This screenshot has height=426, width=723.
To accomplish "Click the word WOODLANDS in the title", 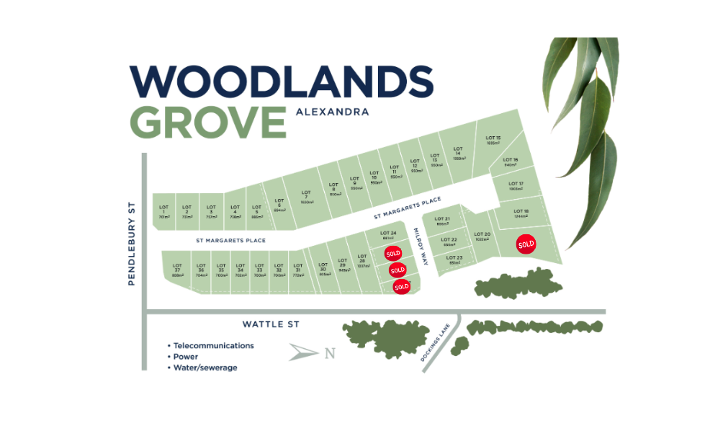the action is pos(280,81).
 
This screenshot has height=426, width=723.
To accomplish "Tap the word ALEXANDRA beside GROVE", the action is pos(332,112).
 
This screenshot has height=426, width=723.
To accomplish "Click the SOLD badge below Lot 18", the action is pos(526,244).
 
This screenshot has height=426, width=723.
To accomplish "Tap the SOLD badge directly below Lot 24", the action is pos(393,254).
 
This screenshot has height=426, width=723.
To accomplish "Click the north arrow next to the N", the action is pos(303,352).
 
